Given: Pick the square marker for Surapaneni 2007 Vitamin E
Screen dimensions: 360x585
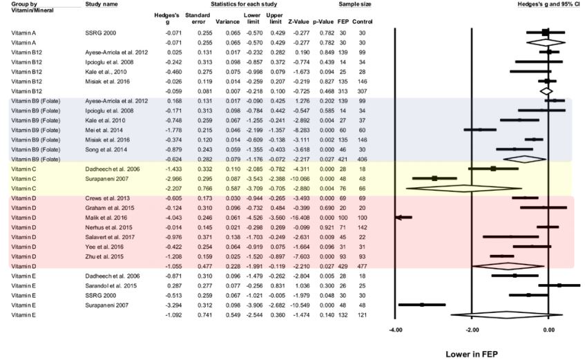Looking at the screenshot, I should point(421,304).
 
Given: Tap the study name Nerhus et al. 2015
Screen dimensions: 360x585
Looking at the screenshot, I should point(104,226).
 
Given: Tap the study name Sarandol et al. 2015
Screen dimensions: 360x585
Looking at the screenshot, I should point(105,285).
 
